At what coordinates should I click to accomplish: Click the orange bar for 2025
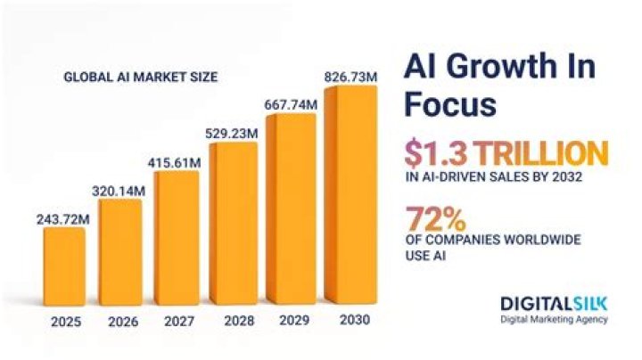coord(64,266)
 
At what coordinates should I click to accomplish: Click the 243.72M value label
coord(64,217)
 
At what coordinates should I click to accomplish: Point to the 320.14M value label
coord(120,190)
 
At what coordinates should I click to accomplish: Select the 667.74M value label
coord(291,105)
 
